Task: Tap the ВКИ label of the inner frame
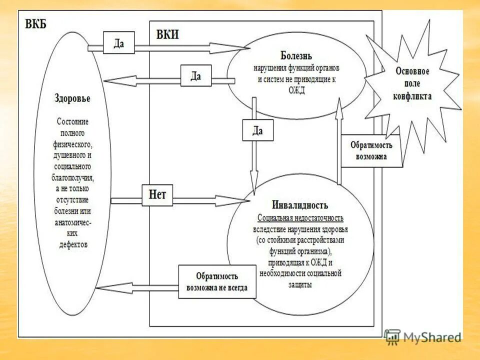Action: pos(167,34)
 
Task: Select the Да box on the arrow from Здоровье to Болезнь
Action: pos(118,43)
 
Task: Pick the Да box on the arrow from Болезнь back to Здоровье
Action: pos(196,76)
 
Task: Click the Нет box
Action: pos(157,195)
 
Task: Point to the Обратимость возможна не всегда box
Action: pos(217,282)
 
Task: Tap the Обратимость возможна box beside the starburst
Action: pos(371,150)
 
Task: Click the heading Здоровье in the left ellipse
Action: pos(72,98)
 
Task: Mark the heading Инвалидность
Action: pos(300,205)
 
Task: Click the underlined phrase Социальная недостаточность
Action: pos(300,218)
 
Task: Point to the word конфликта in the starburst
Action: pos(412,96)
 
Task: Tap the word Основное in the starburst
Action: pos(412,71)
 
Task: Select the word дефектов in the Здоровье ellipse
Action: pos(72,244)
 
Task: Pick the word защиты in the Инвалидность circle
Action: pos(300,284)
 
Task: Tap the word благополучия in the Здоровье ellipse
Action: pos(72,177)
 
